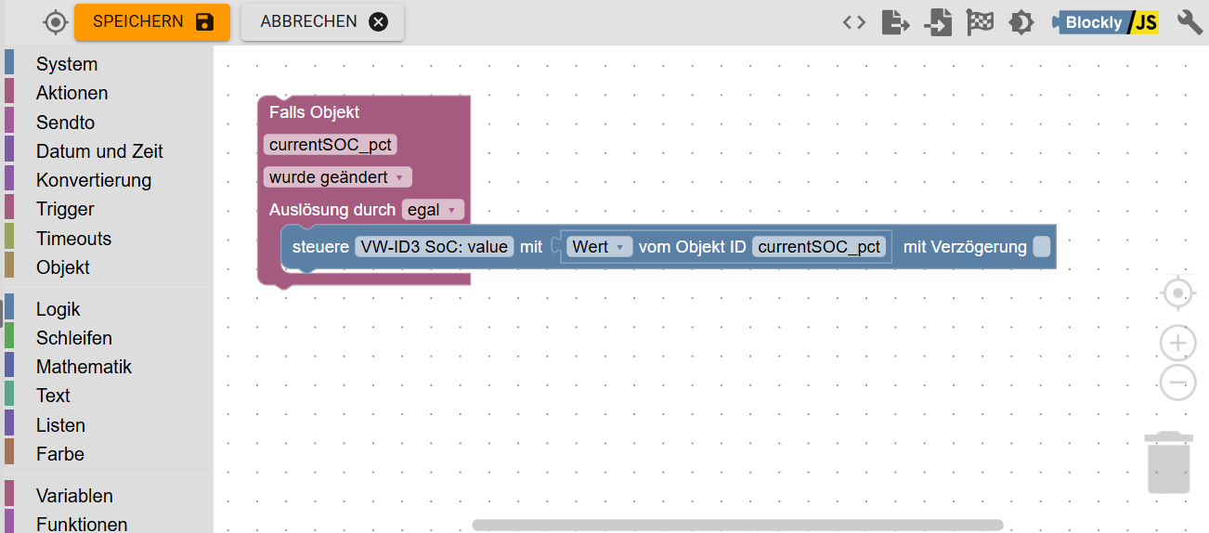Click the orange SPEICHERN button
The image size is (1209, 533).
click(x=152, y=22)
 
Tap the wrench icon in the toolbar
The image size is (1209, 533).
click(x=1189, y=22)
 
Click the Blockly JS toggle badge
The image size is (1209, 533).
click(x=1106, y=22)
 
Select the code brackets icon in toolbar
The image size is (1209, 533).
click(x=853, y=22)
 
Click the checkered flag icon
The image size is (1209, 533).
click(x=980, y=22)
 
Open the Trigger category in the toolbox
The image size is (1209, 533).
click(x=65, y=209)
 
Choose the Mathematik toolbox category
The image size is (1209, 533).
click(x=84, y=367)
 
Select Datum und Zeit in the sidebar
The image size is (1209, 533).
click(x=99, y=151)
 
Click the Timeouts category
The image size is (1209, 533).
click(x=73, y=239)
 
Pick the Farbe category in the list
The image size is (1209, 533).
click(x=60, y=454)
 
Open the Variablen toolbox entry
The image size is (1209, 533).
click(x=74, y=496)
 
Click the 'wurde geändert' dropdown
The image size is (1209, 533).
click(x=337, y=177)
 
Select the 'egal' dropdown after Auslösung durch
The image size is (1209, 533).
click(x=433, y=211)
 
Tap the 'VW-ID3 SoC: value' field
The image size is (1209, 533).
click(x=435, y=247)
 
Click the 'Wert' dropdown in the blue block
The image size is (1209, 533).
click(x=599, y=247)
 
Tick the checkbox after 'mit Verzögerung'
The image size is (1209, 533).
click(x=1041, y=247)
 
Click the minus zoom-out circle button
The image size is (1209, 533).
click(x=1177, y=382)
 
